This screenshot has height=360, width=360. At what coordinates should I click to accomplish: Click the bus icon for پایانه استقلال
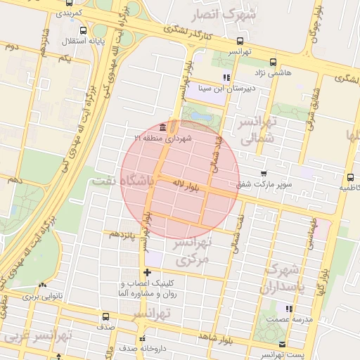click(x=84, y=31)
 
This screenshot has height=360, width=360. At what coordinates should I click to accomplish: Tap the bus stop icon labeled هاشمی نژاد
click(x=273, y=61)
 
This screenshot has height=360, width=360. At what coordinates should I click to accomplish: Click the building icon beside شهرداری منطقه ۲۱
click(x=163, y=127)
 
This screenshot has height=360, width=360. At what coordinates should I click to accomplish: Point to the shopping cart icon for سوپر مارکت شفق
click(x=264, y=174)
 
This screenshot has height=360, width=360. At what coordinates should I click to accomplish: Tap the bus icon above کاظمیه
click(x=350, y=177)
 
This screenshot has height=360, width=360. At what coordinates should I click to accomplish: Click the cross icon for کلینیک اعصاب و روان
click(x=147, y=272)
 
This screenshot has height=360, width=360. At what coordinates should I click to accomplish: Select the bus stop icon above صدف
click(x=105, y=316)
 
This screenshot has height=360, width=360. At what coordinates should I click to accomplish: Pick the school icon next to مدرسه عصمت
click(x=288, y=309)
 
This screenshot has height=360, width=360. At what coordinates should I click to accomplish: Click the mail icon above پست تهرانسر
click(x=282, y=344)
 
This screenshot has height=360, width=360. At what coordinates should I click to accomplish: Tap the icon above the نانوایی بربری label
click(x=43, y=285)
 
